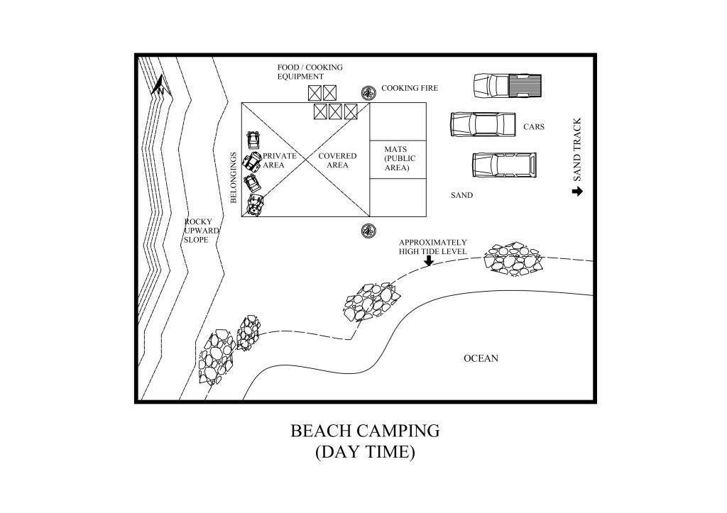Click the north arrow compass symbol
coord(160,86)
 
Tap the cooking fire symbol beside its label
coord(368,93)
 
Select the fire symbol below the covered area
coord(368,229)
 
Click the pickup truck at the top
coord(507,85)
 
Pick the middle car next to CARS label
coord(483,124)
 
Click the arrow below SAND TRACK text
coord(576,191)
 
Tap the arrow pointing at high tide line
coord(428,260)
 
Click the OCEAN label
coord(481,358)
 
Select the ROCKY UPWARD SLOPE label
coord(202,231)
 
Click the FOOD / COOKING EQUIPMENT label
coord(310,72)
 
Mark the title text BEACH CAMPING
coord(365,431)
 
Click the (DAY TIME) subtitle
coord(365,452)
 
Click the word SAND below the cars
coord(461,194)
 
